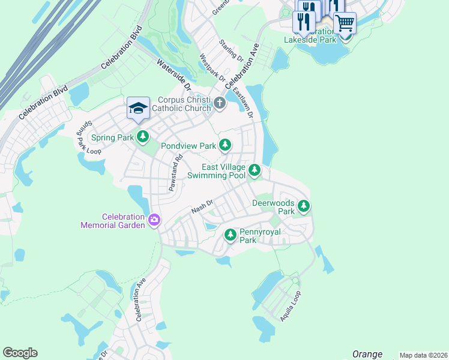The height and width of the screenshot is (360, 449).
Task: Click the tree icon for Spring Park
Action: (143, 137)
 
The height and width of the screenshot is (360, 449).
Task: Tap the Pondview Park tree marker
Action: (225, 145)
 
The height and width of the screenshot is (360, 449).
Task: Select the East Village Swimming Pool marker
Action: (255, 171)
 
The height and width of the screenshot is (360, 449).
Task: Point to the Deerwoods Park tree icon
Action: (304, 206)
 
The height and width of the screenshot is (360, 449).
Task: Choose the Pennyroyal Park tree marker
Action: (230, 235)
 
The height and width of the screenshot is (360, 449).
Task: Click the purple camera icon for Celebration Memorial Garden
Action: (154, 220)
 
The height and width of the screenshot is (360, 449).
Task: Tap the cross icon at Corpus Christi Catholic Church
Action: (220, 104)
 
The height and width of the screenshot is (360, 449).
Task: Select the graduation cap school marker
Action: (137, 109)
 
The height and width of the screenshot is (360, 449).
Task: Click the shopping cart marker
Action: (345, 24)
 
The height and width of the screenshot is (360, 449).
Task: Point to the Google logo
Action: (20, 353)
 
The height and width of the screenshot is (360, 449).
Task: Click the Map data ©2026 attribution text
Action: (423, 355)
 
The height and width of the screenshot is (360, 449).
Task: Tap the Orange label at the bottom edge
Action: (367, 354)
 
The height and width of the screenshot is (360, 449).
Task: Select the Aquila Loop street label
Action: (291, 307)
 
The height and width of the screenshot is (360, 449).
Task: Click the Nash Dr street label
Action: (202, 207)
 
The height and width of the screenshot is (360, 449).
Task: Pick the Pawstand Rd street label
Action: (175, 173)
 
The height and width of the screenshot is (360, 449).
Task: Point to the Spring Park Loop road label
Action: (82, 137)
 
